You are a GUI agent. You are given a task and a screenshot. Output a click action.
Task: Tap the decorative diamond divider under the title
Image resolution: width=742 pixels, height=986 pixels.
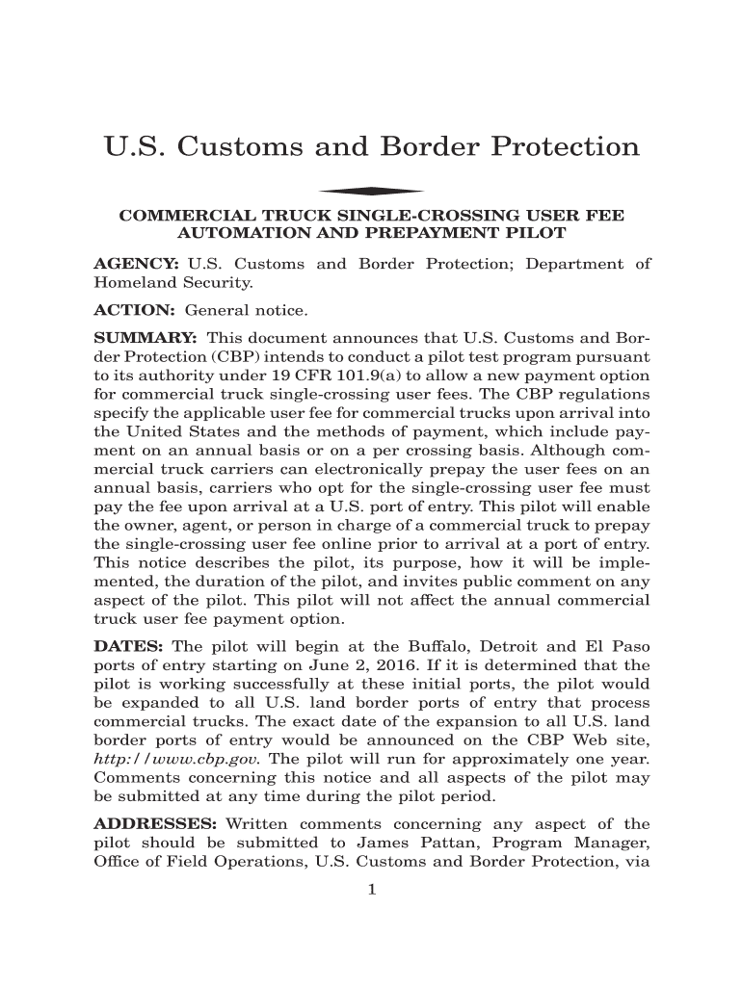pos(371,191)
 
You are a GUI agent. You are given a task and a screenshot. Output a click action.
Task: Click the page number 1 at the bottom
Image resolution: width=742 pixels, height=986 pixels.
pos(371,890)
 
